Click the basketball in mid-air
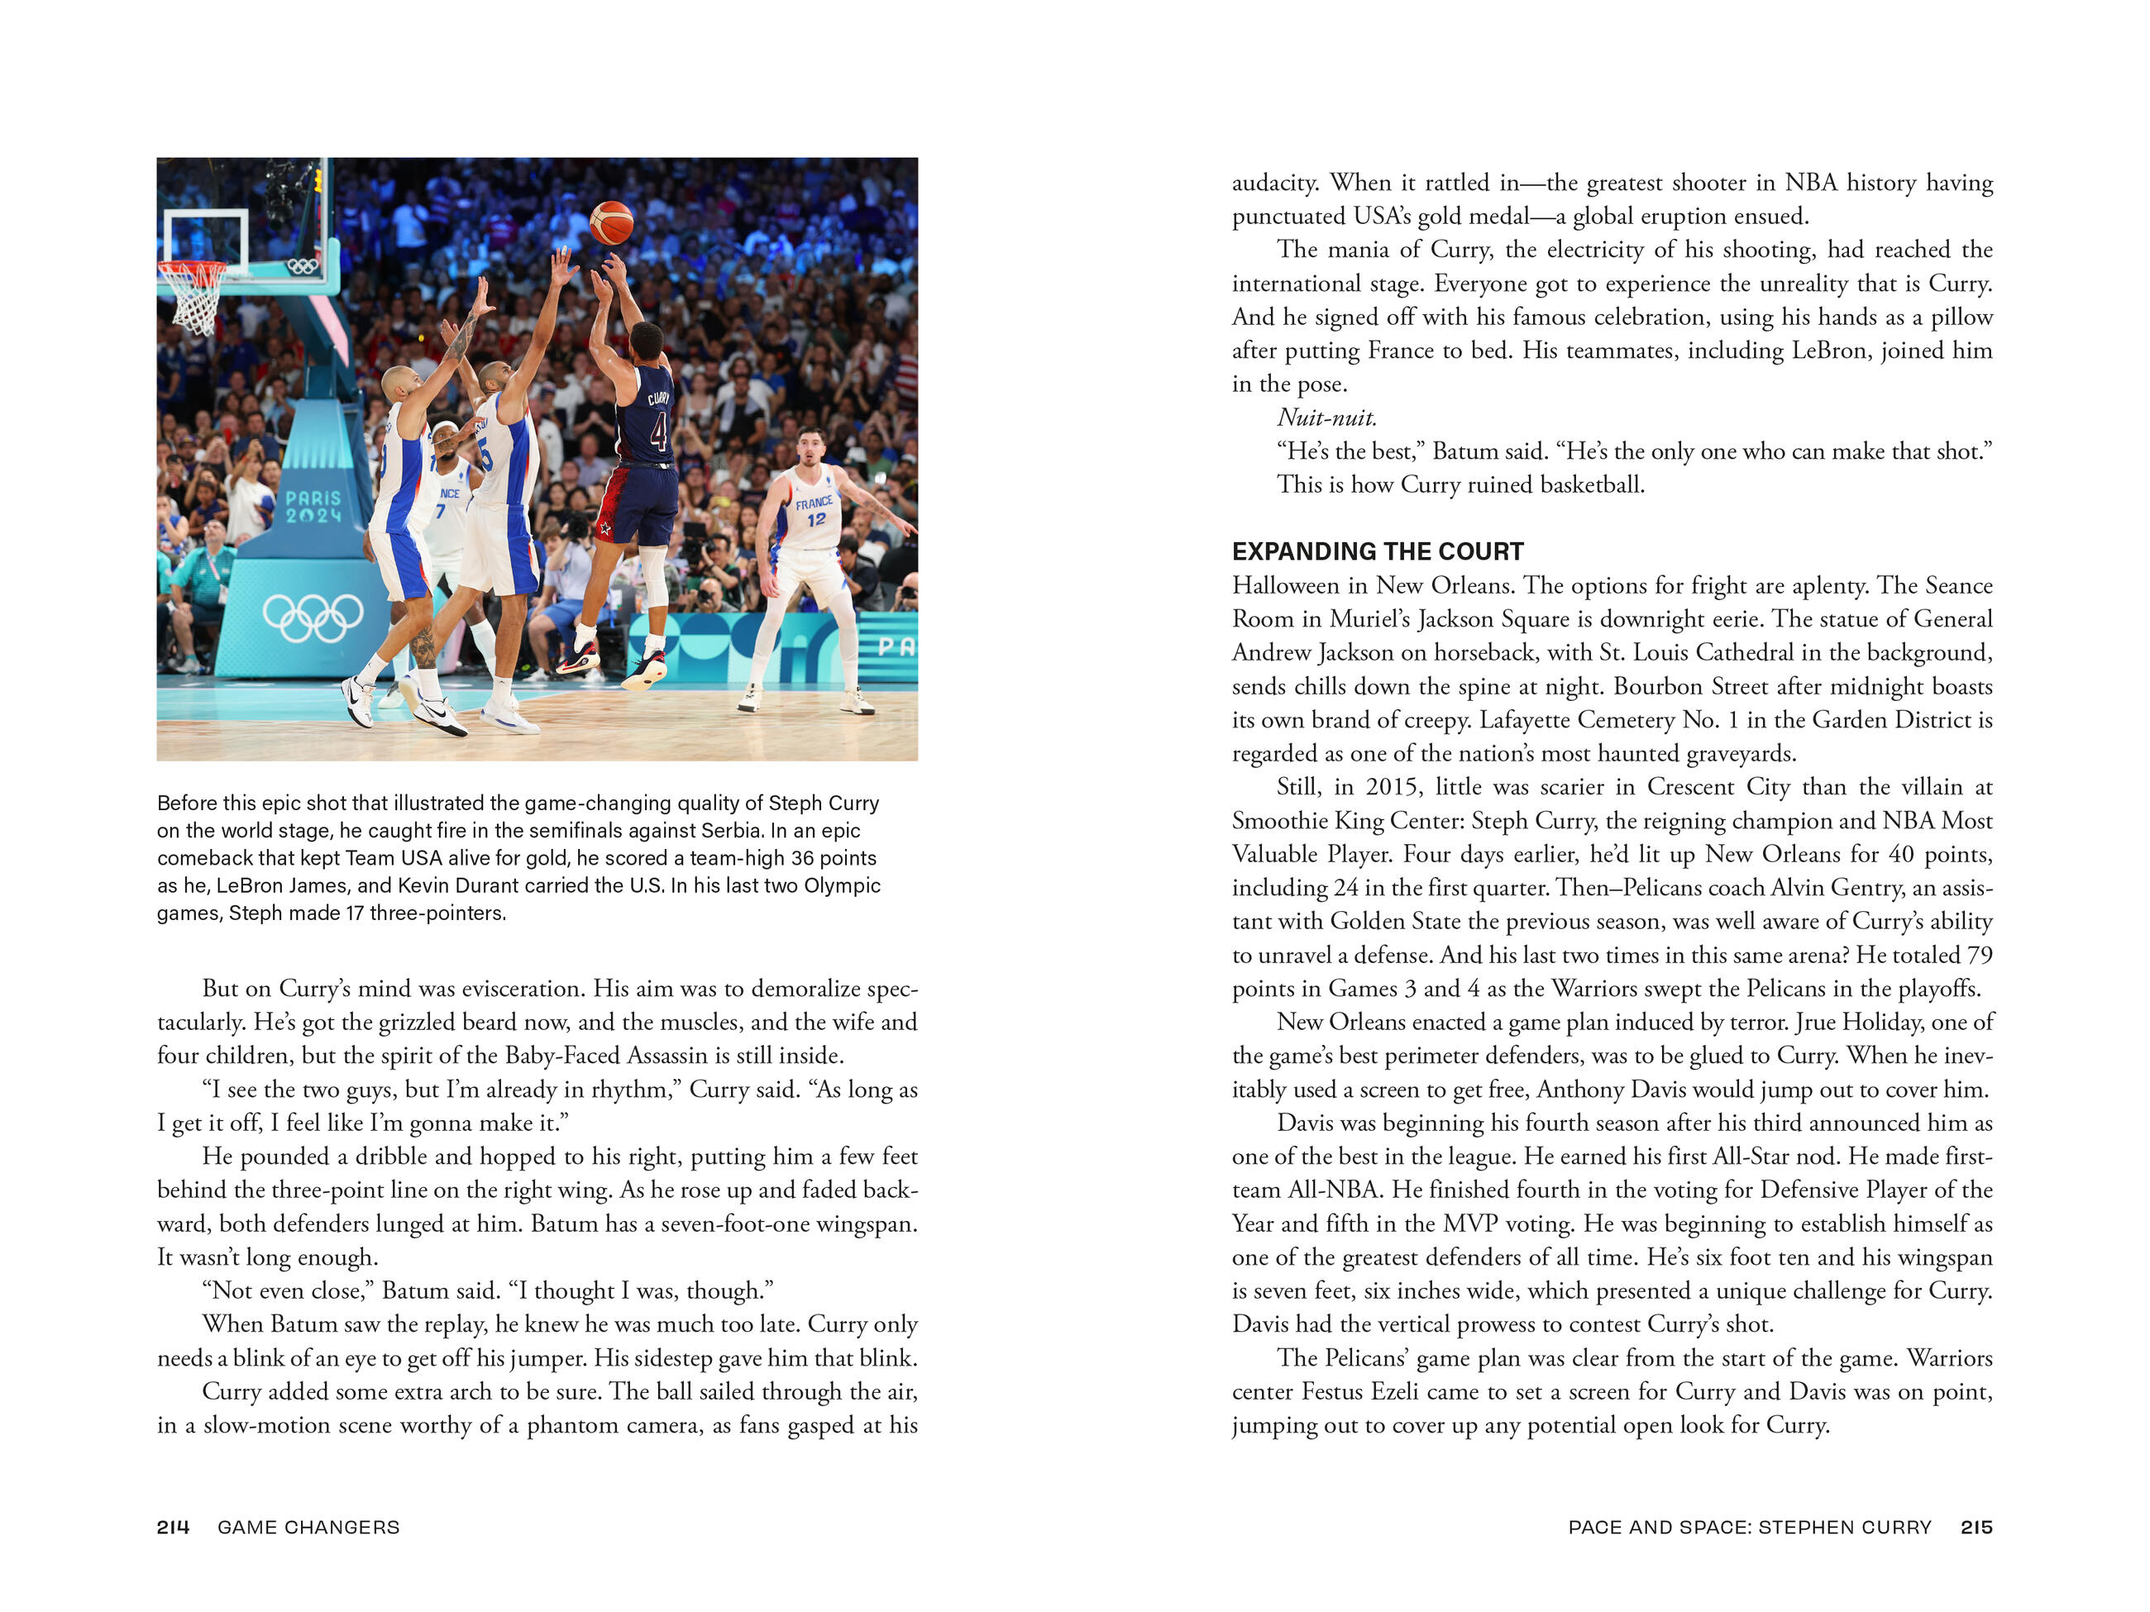[x=611, y=222]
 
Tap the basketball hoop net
[x=194, y=296]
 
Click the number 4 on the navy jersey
[x=658, y=432]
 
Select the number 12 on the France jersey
[x=816, y=519]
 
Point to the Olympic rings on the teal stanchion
[x=312, y=618]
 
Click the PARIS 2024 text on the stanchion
[x=313, y=506]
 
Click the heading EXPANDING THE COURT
[x=1378, y=552]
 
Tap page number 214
[x=173, y=1527]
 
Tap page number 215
[x=1976, y=1527]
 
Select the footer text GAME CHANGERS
[x=308, y=1527]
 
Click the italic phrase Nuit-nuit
[x=1326, y=417]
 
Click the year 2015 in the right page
[x=1392, y=787]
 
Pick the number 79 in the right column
[x=1979, y=955]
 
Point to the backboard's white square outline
[x=206, y=240]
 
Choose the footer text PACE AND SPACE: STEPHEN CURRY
[x=1750, y=1527]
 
